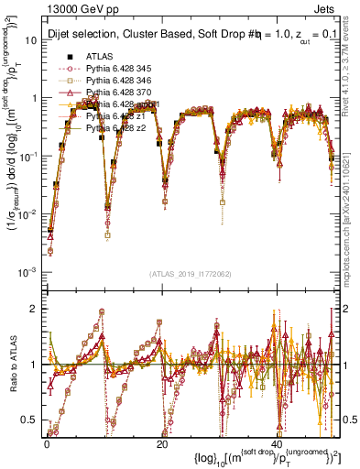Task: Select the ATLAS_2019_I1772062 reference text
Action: pos(190,274)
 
